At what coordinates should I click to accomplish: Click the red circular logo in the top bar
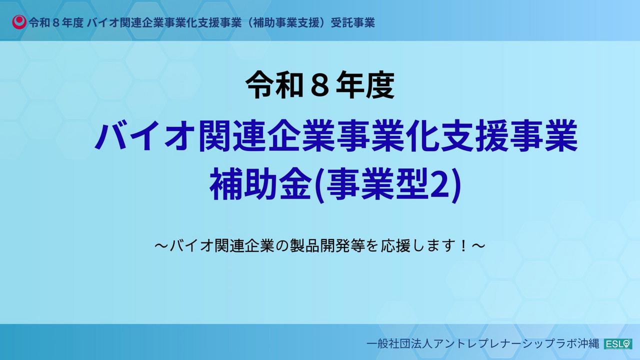[19, 22]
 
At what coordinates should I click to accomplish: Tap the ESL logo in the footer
[618, 344]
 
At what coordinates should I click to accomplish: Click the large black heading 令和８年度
[320, 85]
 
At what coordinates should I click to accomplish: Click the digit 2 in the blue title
[442, 183]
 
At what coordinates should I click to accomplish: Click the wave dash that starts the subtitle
[162, 246]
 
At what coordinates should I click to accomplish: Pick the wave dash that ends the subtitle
[478, 246]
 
